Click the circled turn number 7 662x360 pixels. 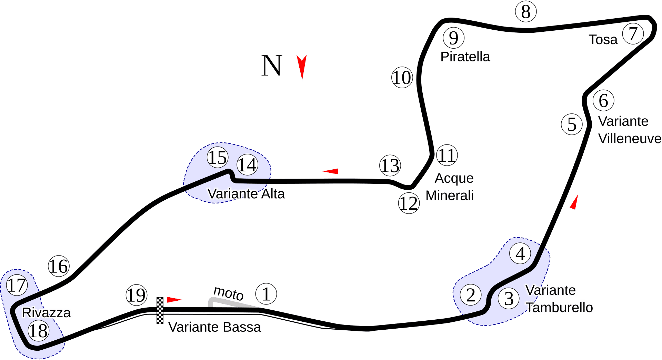[633, 34]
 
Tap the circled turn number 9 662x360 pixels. [453, 38]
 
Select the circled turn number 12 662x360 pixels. [409, 203]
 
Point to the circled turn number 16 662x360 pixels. [59, 266]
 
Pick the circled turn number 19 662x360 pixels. [137, 295]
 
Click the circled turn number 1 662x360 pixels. [266, 294]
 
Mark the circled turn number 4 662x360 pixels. [520, 253]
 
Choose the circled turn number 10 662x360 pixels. [402, 77]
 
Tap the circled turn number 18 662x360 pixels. [39, 331]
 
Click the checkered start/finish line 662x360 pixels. [160, 311]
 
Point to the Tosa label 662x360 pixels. [603, 40]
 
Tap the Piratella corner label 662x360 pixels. [465, 57]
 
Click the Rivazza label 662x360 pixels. [46, 313]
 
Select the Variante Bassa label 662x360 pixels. [214, 327]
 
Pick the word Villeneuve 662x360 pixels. [630, 139]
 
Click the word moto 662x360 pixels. [229, 293]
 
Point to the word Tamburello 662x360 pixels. [559, 308]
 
